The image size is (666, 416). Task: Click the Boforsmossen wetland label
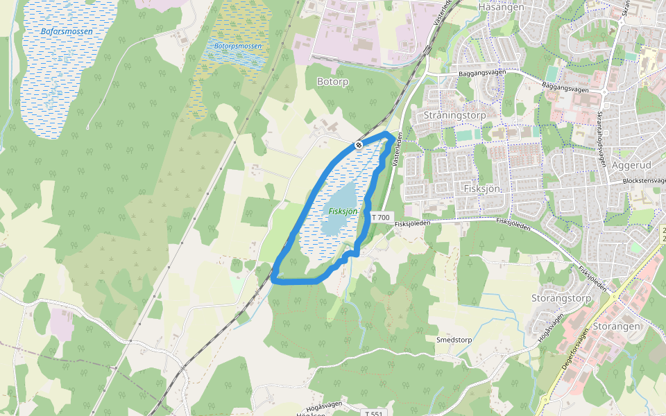[67, 31]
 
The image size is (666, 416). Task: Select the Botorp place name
[332, 82]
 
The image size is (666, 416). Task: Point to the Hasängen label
[499, 6]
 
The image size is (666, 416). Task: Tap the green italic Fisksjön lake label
[343, 211]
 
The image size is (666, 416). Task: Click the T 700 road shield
[381, 217]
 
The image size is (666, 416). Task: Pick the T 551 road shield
[373, 413]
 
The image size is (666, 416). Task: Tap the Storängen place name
[617, 326]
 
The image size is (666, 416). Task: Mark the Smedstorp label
[454, 340]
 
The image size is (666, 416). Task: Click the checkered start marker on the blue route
[359, 145]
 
